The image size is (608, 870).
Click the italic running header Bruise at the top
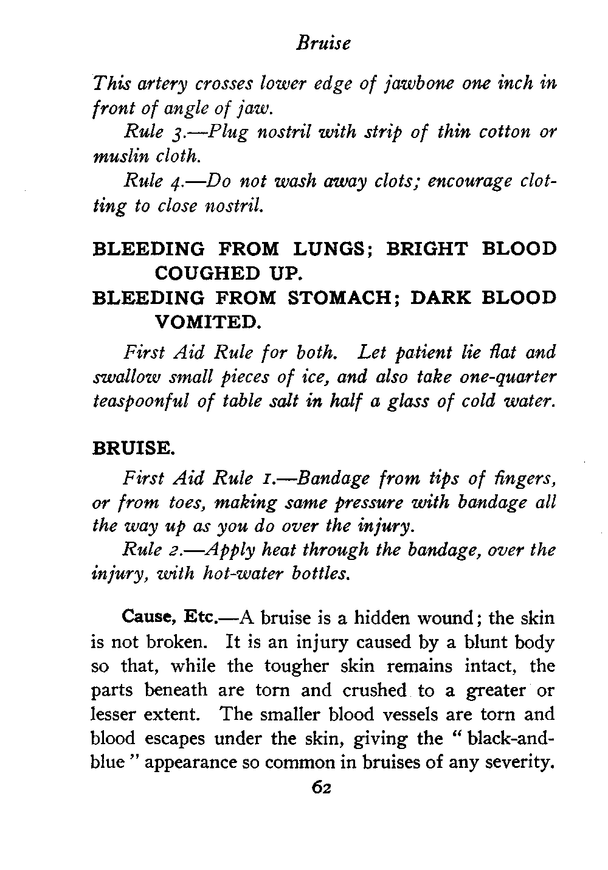tap(323, 44)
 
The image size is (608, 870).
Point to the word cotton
tap(499, 132)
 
